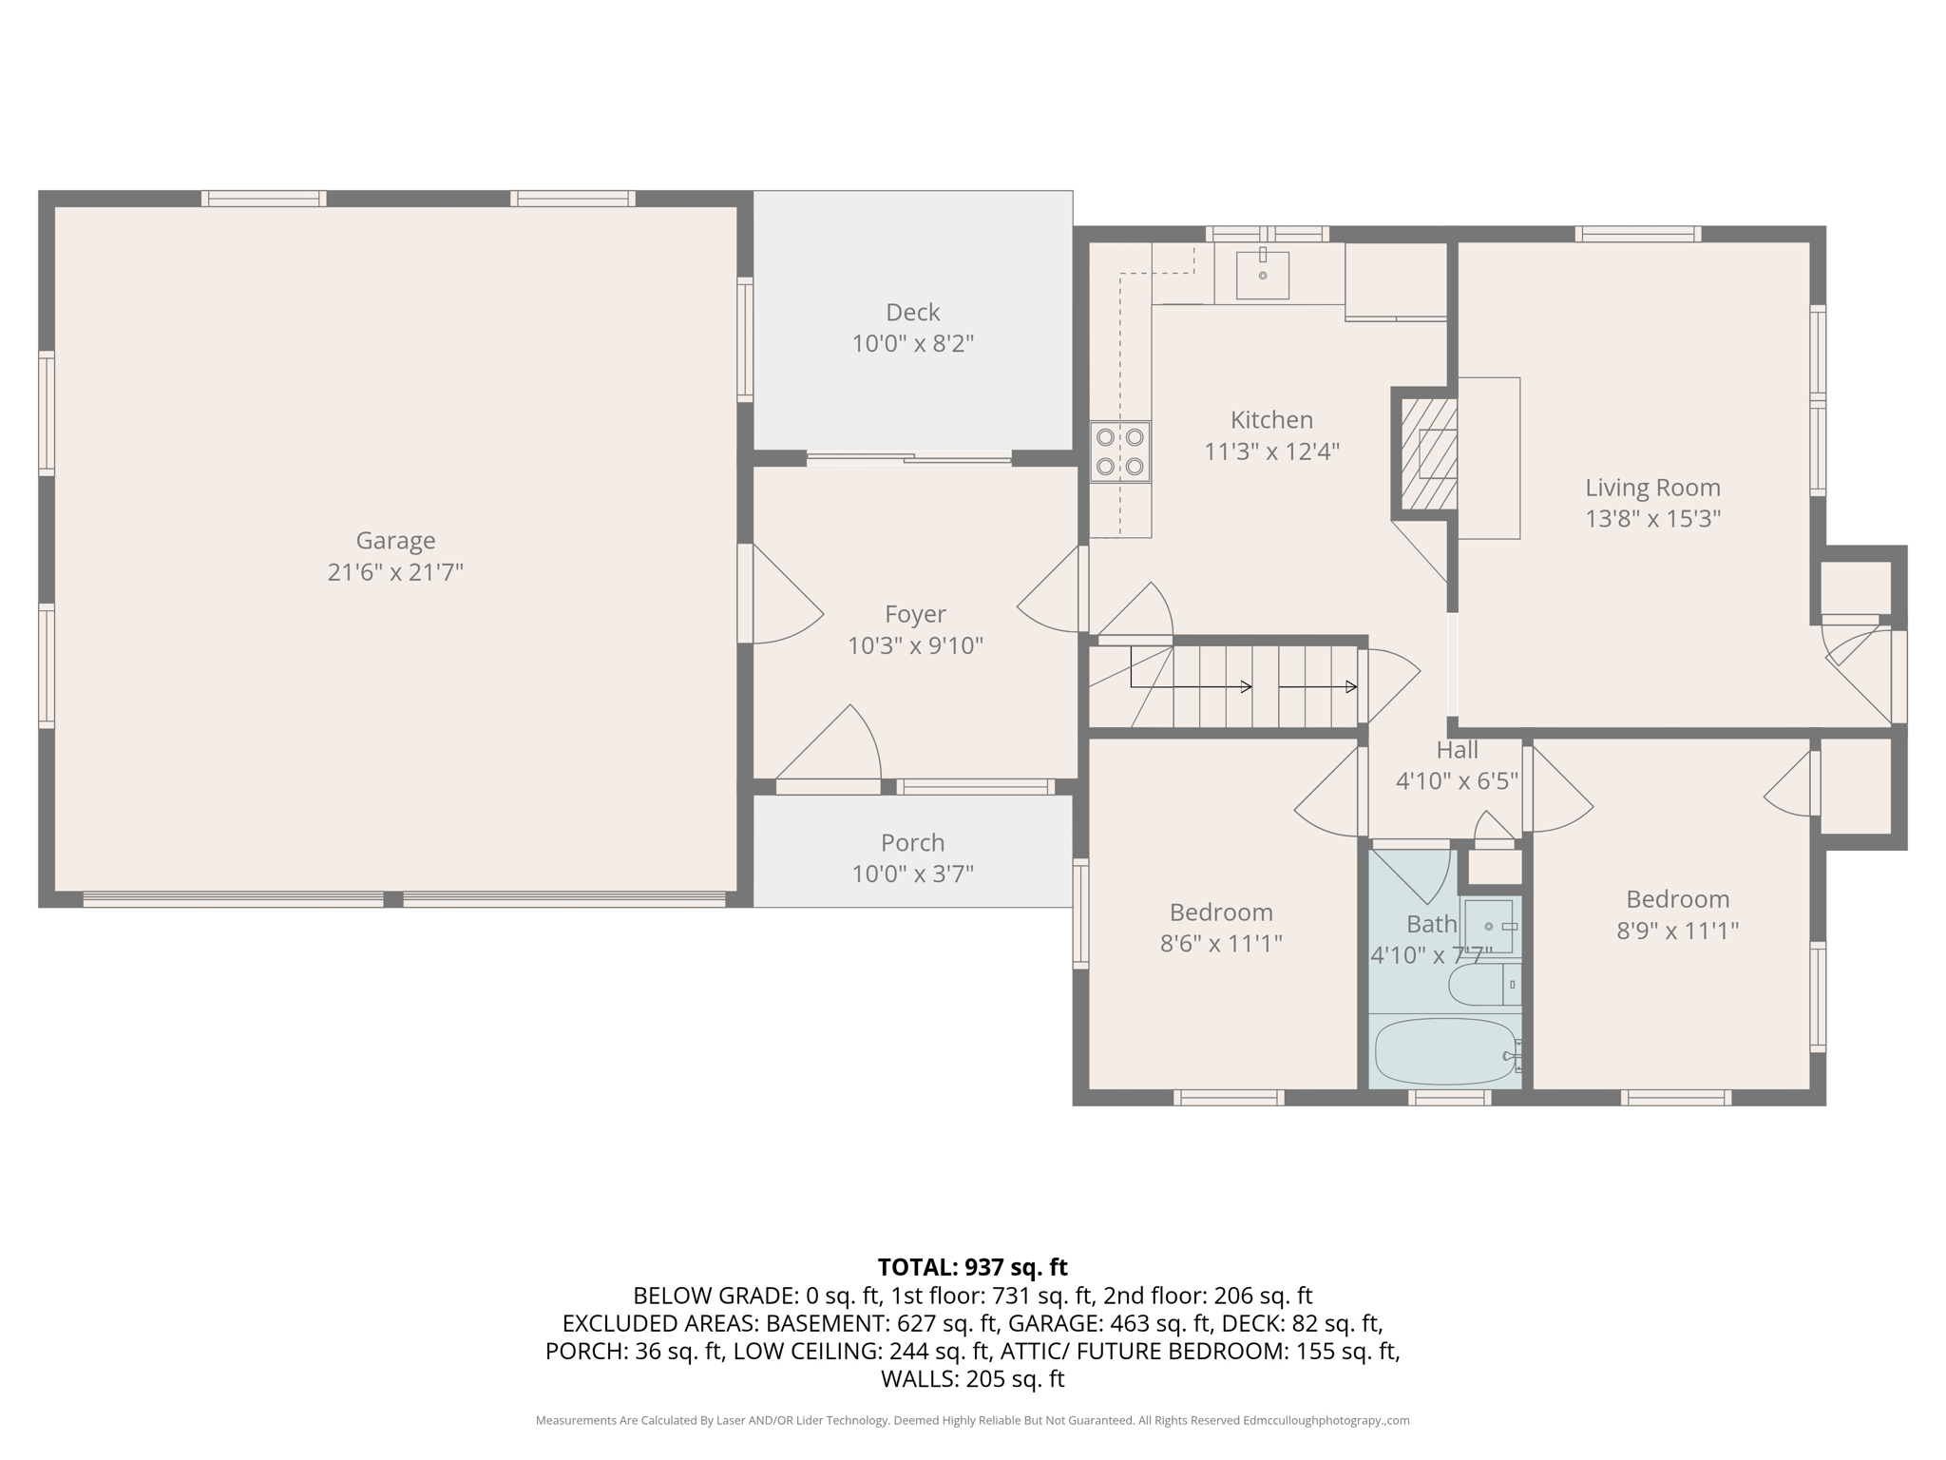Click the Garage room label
395,541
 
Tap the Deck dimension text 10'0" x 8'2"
912,344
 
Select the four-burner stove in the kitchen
1120,452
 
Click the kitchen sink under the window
1263,275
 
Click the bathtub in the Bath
1444,1052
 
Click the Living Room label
1652,488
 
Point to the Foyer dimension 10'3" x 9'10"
915,646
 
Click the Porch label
912,843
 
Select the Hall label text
1457,750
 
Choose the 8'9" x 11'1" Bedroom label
1677,899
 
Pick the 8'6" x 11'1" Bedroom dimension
1221,944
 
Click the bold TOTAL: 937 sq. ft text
972,1267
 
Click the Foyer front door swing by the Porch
836,746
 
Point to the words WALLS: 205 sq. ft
972,1379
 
